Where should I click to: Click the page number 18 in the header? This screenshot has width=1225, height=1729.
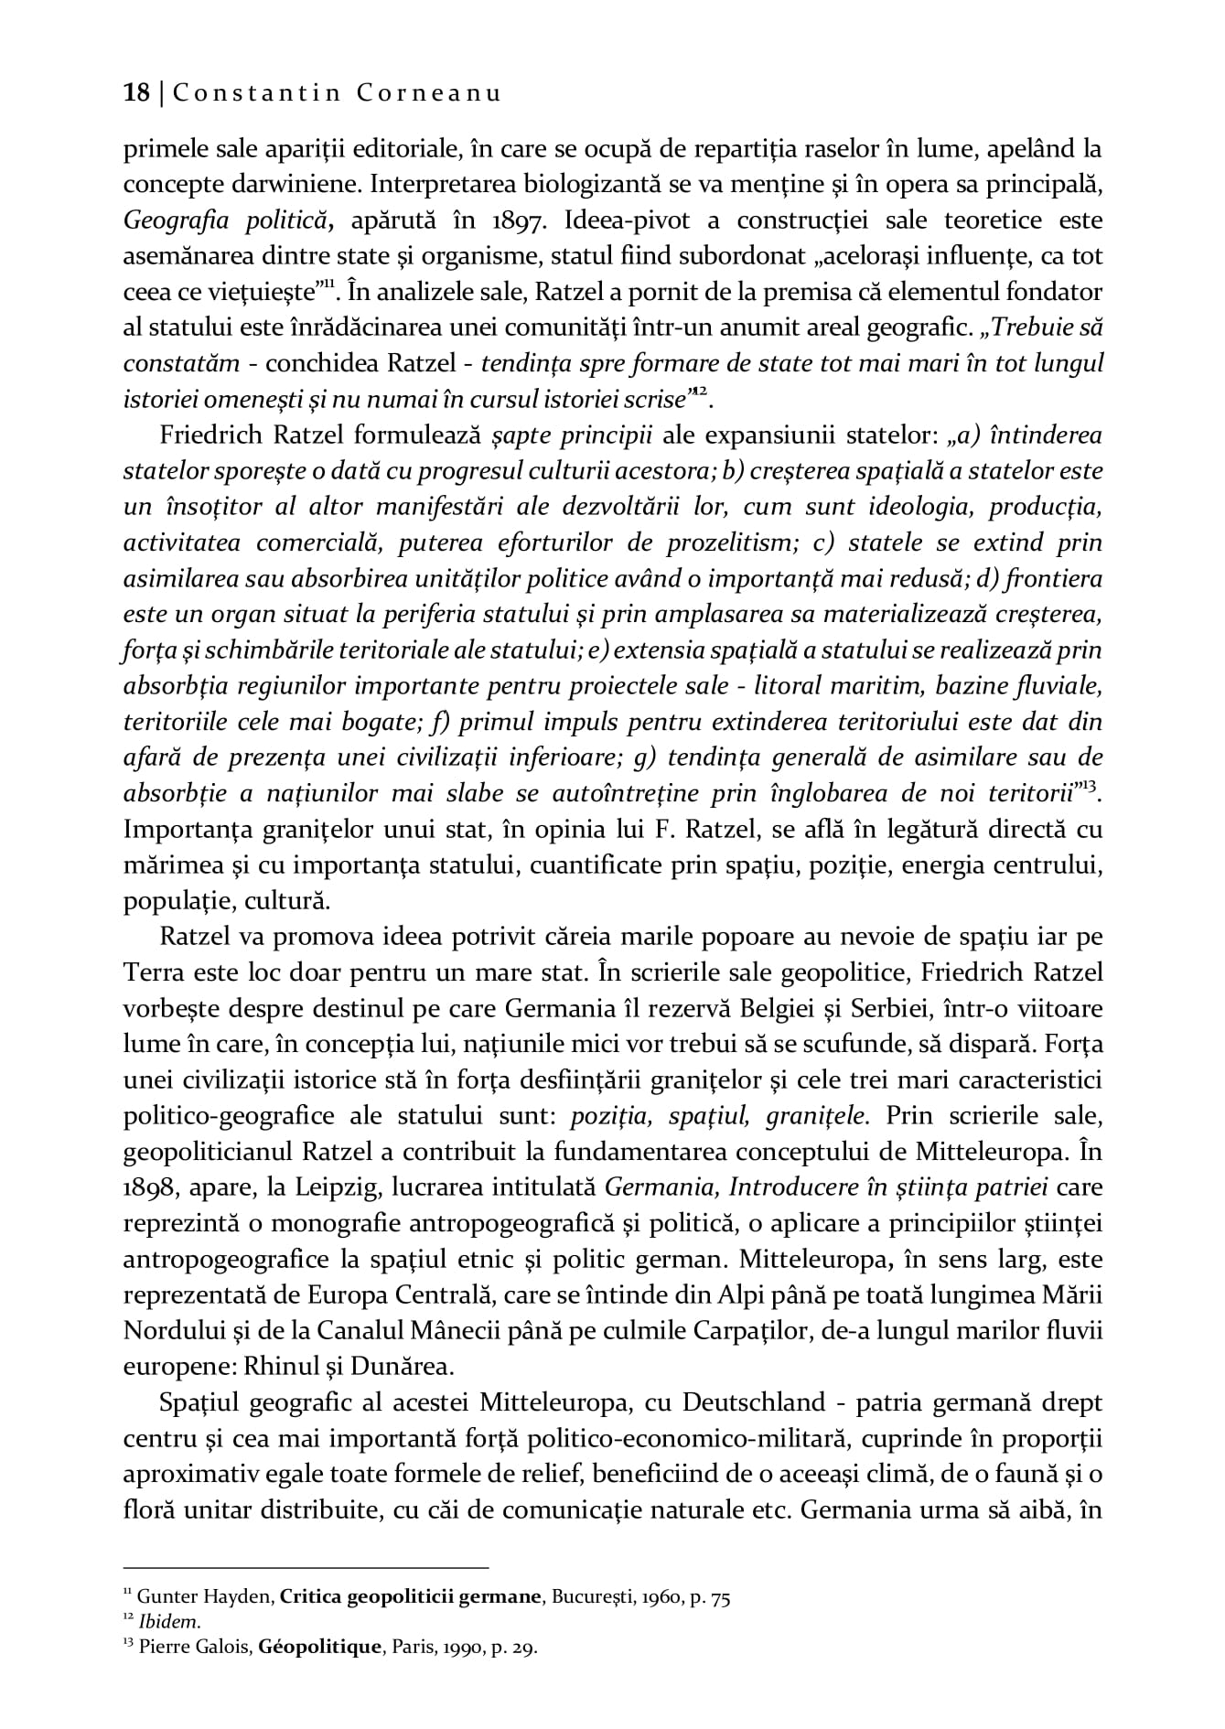pos(136,93)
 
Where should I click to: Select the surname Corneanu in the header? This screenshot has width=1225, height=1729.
pos(426,93)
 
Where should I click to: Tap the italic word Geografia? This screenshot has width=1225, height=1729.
pos(167,220)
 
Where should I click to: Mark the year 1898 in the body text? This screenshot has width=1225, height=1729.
pos(149,1188)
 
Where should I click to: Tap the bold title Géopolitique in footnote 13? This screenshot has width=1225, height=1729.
pos(319,1648)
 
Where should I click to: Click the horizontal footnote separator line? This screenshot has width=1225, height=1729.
pos(306,1566)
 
